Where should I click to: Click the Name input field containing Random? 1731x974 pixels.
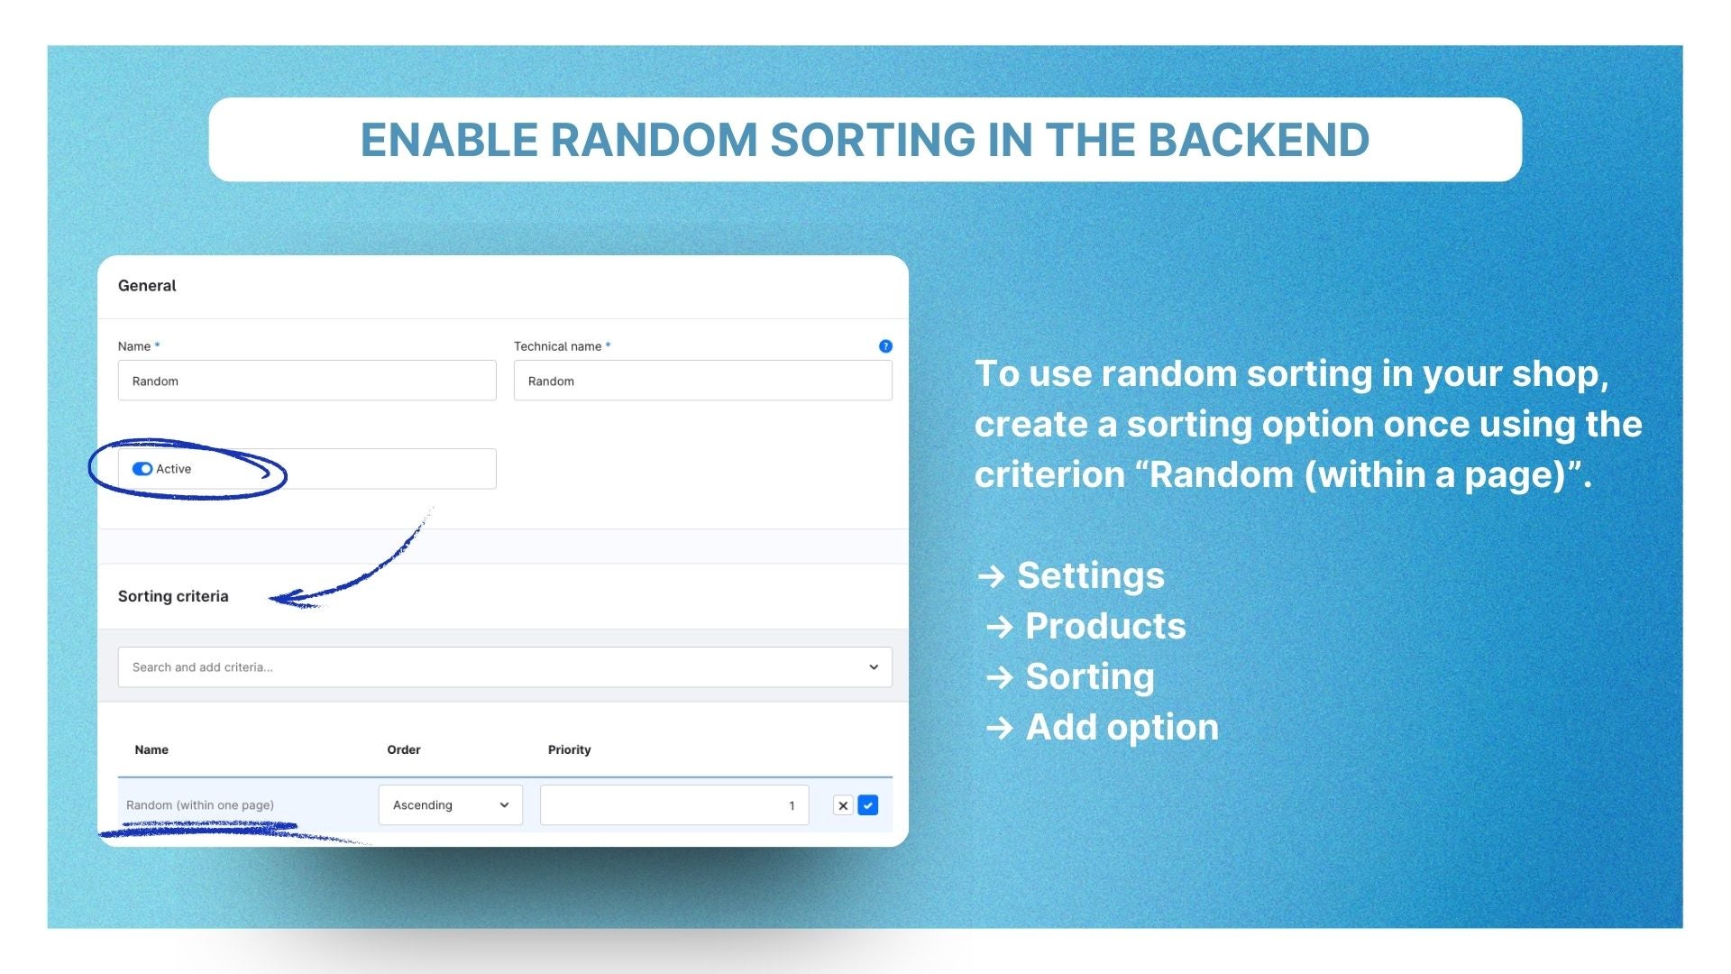coord(307,381)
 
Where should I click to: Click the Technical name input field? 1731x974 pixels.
coord(702,381)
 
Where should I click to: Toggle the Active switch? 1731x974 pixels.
coord(142,469)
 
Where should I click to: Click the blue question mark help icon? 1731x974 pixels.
coord(885,346)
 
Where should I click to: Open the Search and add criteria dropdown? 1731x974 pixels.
coord(505,667)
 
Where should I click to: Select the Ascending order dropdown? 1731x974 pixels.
coord(450,805)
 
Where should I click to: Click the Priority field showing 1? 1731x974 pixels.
coord(674,805)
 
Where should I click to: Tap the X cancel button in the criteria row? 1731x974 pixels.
coord(843,805)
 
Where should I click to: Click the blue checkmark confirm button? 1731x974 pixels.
coord(868,805)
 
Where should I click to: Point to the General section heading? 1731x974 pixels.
coord(147,286)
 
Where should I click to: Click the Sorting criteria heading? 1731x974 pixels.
coord(173,596)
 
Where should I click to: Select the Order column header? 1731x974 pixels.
coord(404,749)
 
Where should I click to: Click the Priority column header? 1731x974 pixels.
coord(570,749)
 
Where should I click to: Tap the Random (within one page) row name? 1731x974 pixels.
coord(200,805)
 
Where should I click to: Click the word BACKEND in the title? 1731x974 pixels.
coord(1259,140)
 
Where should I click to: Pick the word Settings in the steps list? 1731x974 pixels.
coord(1091,575)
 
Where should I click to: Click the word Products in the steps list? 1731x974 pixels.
coord(1105,626)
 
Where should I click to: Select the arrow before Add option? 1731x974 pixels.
coord(1000,728)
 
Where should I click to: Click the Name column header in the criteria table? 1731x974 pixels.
coord(151,749)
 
